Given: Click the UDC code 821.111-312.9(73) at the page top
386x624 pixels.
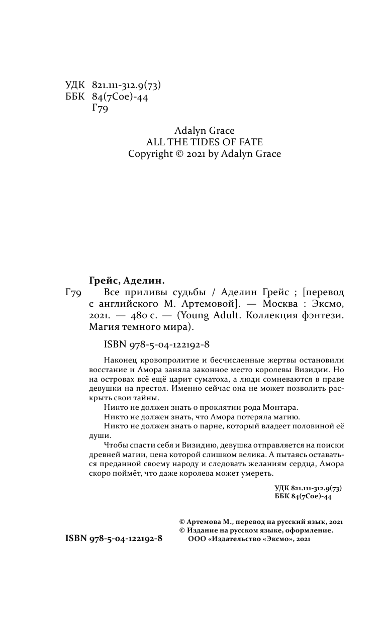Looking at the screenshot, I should tap(127, 85).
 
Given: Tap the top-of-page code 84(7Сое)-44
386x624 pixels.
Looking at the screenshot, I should tap(120, 97).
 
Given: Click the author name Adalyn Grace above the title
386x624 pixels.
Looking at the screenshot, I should tap(205, 130).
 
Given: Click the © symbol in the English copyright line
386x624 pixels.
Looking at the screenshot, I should tap(180, 154).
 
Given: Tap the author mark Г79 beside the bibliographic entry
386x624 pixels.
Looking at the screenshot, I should tap(74, 292).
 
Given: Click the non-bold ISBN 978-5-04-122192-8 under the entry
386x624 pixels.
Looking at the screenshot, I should tap(156, 344).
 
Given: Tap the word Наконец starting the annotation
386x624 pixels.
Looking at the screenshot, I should tap(119, 360).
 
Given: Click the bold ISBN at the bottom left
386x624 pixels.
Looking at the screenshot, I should tap(114, 538).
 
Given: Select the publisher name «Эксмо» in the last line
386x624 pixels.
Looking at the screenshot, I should tap(276, 539).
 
